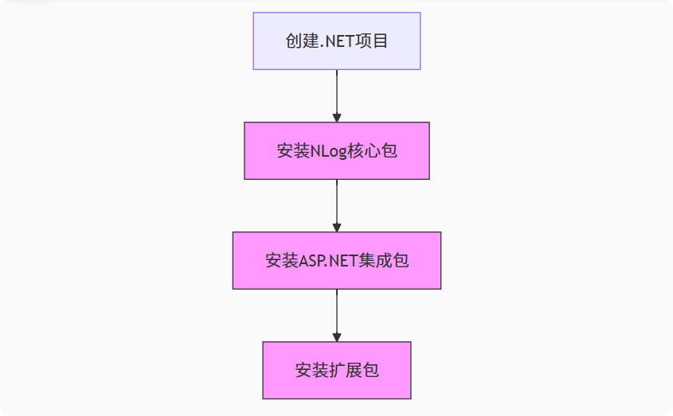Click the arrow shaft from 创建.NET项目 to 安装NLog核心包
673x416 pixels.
pos(337,91)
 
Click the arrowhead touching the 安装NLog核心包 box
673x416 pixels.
pos(337,118)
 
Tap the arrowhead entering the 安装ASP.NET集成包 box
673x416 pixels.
pos(337,227)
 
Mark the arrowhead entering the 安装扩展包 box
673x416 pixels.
pos(337,337)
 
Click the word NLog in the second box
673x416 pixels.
pos(329,151)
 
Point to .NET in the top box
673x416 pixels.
pos(337,41)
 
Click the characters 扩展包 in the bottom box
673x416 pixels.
pos(354,371)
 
